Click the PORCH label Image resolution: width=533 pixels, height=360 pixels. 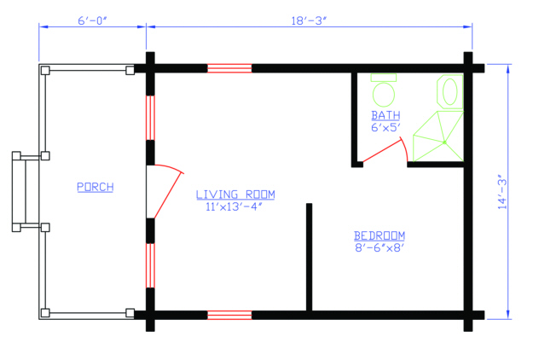click(95, 187)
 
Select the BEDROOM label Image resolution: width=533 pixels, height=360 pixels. click(379, 235)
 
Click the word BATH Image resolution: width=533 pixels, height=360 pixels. click(385, 115)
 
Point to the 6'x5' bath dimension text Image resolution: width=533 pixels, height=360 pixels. click(385, 127)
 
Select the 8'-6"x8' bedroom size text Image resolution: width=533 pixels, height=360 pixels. click(379, 248)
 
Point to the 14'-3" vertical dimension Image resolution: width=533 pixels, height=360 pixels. click(505, 192)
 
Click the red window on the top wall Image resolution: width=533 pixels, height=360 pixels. click(229, 67)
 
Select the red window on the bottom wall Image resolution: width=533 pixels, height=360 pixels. click(229, 315)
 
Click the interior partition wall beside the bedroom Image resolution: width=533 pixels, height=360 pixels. click(309, 257)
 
